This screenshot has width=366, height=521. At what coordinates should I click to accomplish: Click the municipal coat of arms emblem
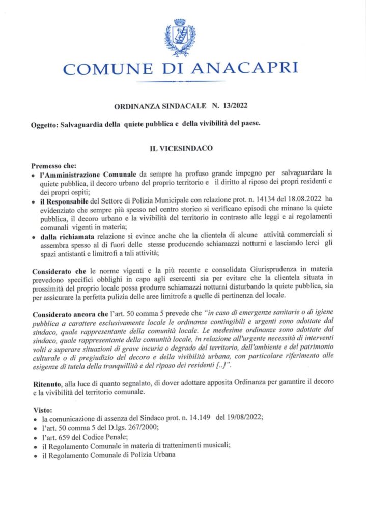tap(180, 38)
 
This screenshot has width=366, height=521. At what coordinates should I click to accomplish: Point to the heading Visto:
tap(40, 409)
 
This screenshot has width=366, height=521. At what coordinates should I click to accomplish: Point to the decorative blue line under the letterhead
tap(181, 81)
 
